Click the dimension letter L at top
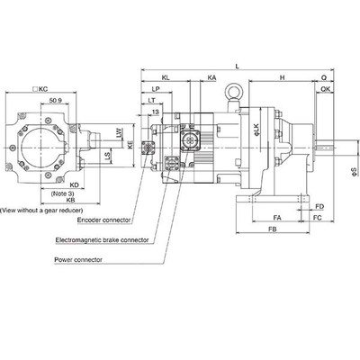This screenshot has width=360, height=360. coord(236,67)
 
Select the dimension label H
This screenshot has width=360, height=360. coord(282,79)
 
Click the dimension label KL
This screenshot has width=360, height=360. coord(168,79)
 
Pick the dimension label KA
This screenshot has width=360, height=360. coord(211,79)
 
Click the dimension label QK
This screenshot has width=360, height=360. coord(325,90)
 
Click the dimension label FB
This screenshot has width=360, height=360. coord(272,231)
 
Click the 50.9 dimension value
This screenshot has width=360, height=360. coord(56,100)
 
